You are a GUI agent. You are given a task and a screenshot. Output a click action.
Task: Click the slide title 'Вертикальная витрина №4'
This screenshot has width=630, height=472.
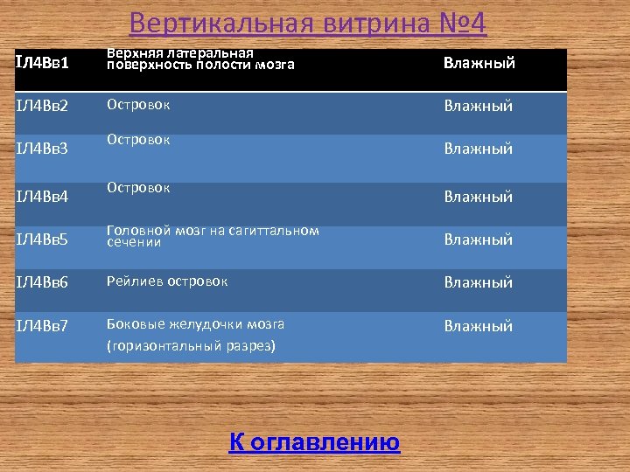(307, 24)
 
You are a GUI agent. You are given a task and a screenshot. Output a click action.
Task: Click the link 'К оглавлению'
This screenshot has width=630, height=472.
(314, 442)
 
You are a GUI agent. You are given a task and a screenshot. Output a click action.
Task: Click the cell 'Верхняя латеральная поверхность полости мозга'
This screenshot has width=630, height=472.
(200, 59)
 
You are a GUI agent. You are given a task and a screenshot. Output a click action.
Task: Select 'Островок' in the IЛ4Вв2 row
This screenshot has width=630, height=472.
(138, 105)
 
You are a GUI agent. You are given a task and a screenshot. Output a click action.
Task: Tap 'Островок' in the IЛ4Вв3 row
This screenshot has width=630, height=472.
(138, 140)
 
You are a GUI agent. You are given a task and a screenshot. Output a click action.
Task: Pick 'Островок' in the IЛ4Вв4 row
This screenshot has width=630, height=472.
(138, 188)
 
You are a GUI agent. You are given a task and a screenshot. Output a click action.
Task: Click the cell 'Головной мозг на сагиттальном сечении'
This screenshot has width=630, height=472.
(213, 236)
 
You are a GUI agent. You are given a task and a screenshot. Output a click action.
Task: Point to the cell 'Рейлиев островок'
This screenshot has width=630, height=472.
(167, 281)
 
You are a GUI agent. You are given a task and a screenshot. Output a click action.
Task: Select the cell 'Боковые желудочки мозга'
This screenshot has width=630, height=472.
(195, 324)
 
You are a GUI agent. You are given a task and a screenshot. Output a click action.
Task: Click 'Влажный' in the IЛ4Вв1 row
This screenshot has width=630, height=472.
(478, 63)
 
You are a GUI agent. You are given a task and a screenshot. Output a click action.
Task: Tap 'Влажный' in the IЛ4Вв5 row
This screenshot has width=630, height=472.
(478, 239)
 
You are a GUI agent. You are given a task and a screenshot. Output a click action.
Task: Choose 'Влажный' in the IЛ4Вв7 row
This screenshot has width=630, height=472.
(478, 326)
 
